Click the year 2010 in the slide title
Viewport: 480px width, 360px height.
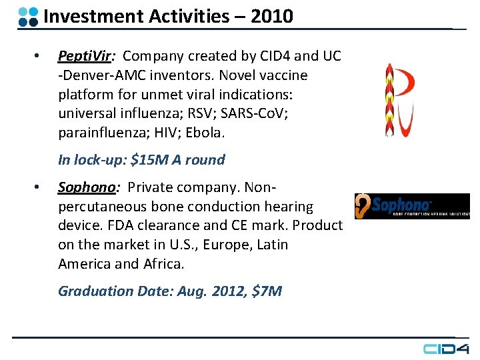[x=272, y=16]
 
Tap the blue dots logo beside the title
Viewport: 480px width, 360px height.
[x=28, y=17]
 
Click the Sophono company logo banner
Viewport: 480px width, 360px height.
[x=412, y=205]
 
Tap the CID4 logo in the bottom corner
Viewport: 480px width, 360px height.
[x=447, y=348]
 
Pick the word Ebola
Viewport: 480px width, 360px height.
[x=205, y=133]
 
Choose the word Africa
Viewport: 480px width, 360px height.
[x=164, y=264]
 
